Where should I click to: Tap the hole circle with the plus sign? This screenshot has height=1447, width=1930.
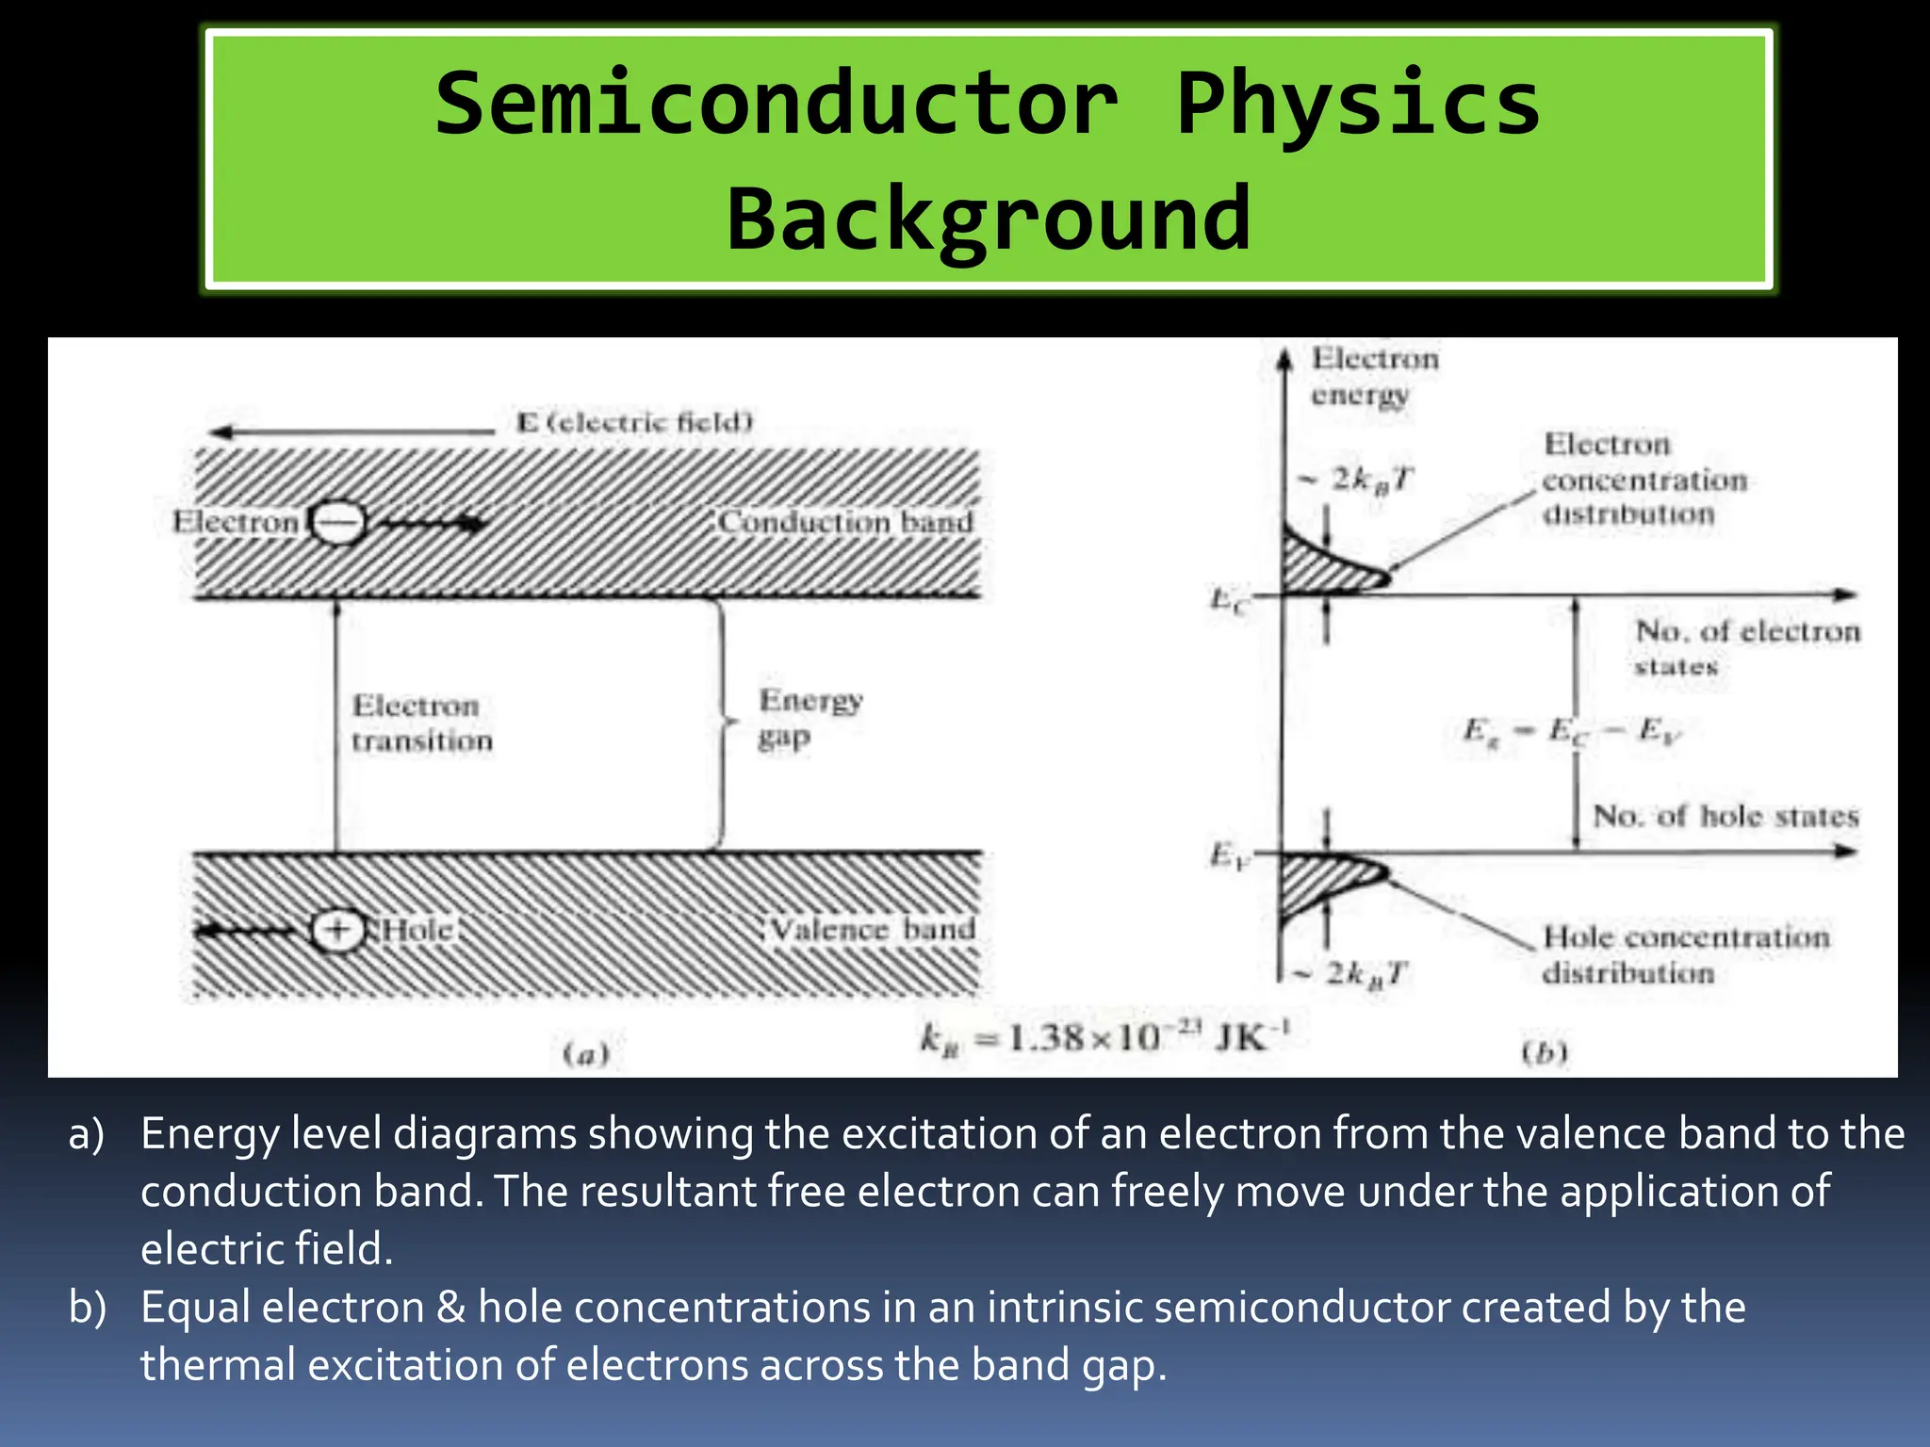[337, 931]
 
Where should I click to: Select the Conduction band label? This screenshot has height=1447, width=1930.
[845, 521]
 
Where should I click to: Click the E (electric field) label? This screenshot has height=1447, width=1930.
[635, 422]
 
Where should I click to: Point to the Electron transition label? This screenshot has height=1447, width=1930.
[420, 723]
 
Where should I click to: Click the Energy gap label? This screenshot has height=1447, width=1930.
[809, 718]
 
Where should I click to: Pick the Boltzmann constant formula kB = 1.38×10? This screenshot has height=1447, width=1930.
[1104, 1038]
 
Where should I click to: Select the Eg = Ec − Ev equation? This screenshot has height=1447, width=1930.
[1571, 731]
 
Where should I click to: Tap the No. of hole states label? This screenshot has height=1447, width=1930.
[1725, 816]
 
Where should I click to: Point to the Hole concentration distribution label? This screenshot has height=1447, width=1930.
[1685, 954]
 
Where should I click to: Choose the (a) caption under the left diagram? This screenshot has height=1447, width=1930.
[586, 1053]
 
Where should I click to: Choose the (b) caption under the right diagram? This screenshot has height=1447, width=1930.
[1545, 1051]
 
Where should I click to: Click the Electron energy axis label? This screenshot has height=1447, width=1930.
[1374, 376]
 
